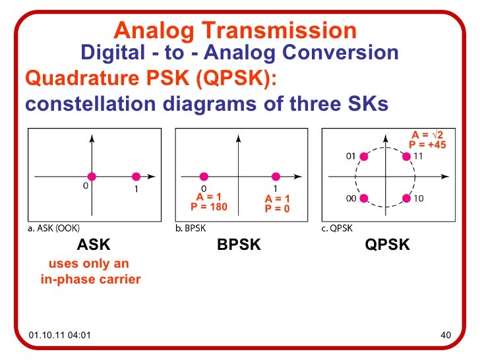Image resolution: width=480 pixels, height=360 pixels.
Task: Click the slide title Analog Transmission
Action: coord(235,30)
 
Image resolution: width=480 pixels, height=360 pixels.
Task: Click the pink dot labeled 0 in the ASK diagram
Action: coord(92,176)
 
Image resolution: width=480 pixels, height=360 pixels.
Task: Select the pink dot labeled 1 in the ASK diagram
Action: coord(136,176)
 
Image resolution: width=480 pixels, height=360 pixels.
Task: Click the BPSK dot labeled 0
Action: coord(204,176)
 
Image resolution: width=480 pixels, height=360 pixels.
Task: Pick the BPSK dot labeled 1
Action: coord(276,176)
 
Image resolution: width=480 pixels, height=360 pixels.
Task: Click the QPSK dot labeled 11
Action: coord(406,157)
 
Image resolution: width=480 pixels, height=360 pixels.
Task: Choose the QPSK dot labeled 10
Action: coord(406,197)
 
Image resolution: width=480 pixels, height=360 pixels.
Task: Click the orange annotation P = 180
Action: coord(208,206)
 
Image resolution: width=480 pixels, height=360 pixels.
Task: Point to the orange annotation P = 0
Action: coord(277,208)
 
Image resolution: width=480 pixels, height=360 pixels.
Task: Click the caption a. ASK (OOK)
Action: coord(54,229)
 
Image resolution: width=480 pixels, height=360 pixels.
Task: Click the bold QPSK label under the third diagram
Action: coord(388,245)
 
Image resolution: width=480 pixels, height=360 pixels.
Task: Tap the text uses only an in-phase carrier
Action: coord(90,272)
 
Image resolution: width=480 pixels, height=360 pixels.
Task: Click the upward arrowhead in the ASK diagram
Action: coord(92,138)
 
